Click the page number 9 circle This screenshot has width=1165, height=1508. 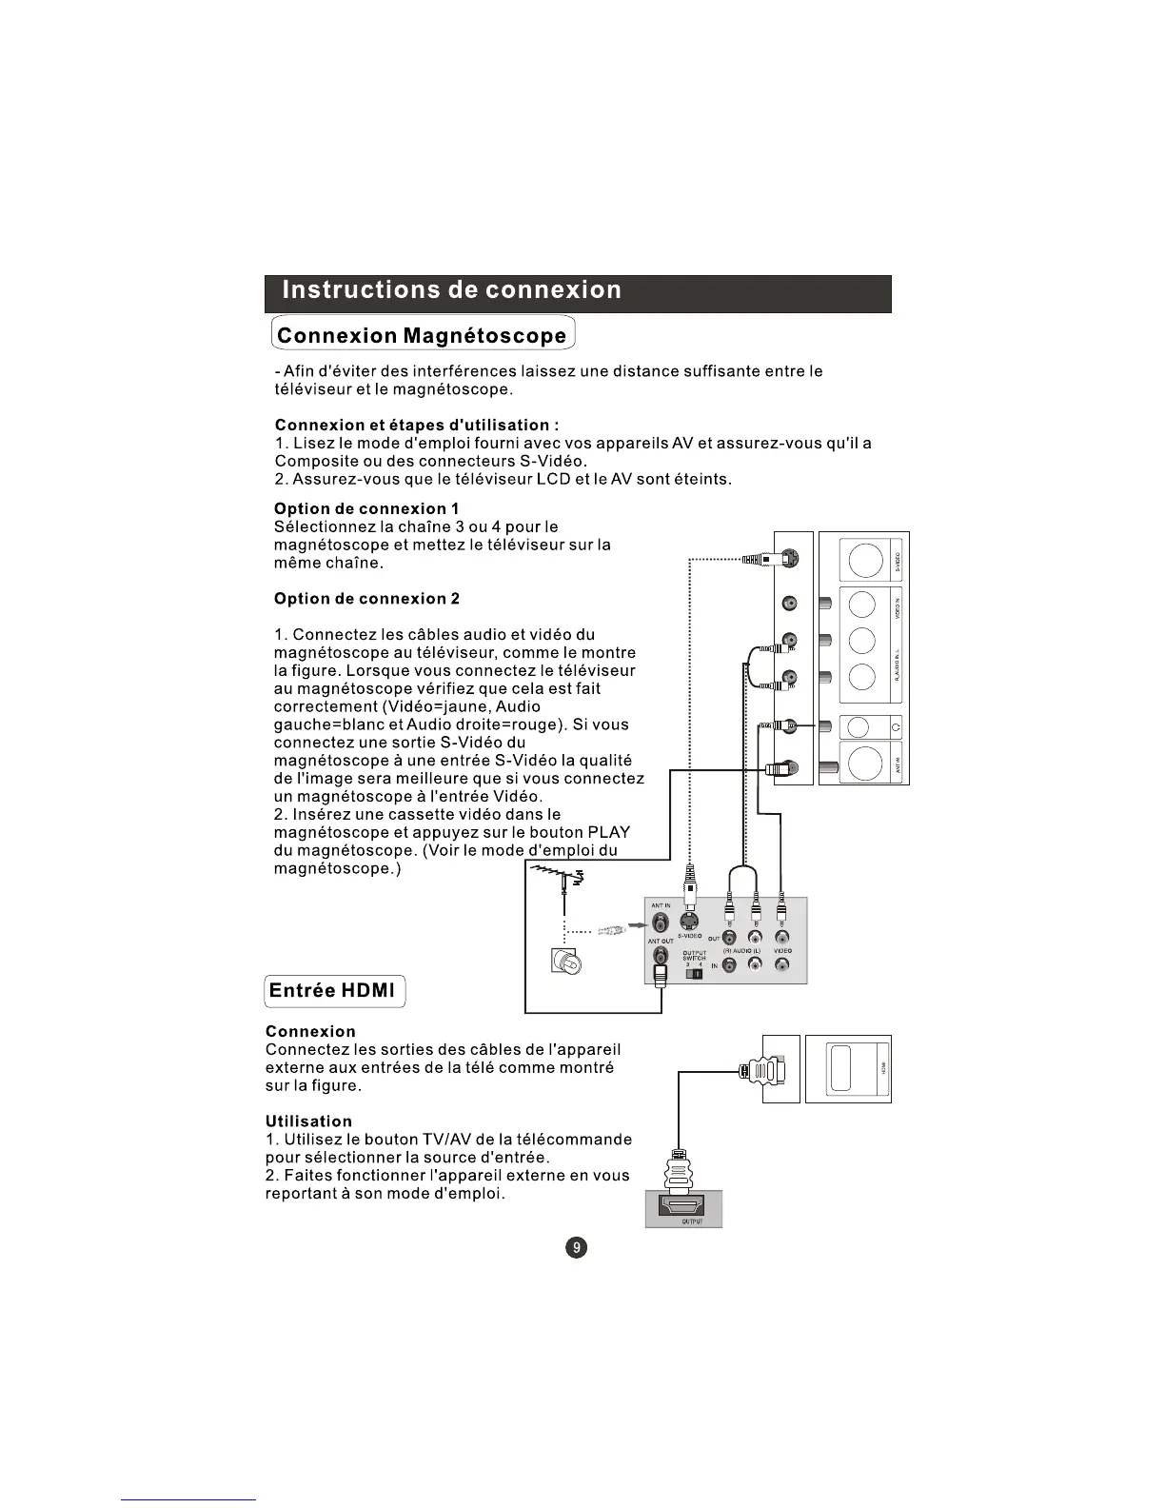[577, 1247]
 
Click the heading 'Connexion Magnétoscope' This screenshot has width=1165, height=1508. [423, 335]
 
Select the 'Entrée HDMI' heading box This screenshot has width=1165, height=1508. [334, 990]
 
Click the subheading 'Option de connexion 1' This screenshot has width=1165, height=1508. [366, 508]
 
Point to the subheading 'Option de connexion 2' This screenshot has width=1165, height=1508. [366, 599]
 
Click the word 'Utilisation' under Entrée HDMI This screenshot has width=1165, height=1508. [308, 1121]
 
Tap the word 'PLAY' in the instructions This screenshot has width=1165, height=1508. [609, 832]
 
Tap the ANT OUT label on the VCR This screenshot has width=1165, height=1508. [661, 941]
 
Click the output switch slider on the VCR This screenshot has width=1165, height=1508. [695, 973]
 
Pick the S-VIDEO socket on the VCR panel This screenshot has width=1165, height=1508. [689, 922]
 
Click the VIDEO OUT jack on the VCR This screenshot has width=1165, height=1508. [781, 939]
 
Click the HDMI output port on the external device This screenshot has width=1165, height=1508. [682, 1209]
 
